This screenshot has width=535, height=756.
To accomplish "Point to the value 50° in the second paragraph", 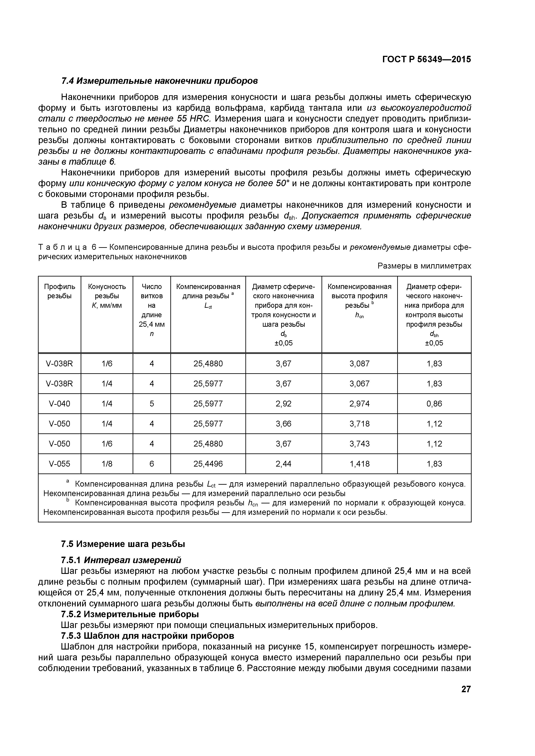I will (282, 183).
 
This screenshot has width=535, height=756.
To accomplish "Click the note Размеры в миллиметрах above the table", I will (424, 266).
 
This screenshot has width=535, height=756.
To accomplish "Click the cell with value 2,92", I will (283, 404).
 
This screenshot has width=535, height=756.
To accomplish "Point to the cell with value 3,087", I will (359, 364).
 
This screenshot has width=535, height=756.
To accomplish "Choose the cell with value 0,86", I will (434, 404).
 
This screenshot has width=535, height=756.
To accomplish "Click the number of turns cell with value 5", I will (152, 404).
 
